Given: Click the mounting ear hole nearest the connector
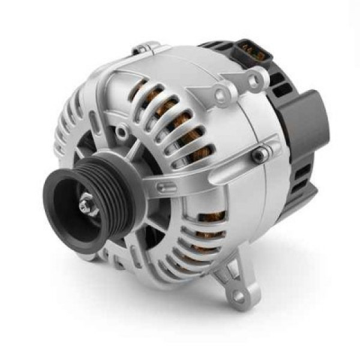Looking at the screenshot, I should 257,78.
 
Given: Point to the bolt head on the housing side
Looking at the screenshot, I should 259,155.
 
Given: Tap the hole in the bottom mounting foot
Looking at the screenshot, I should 239,296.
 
